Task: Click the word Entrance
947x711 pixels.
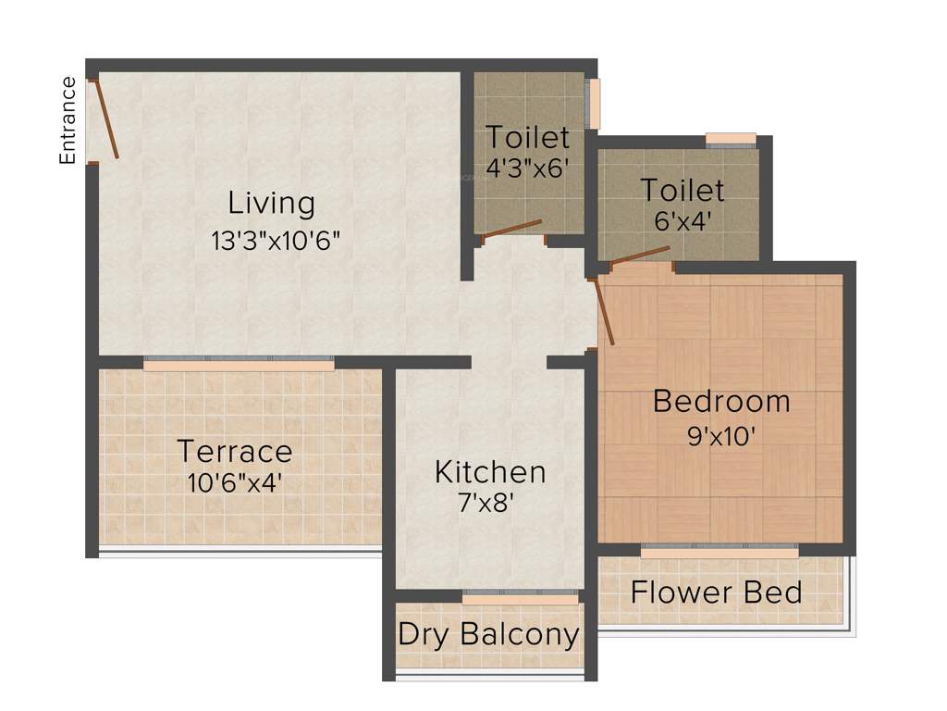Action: pos(68,120)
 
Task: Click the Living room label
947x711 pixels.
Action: pos(272,202)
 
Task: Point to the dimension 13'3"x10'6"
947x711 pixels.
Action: pos(277,241)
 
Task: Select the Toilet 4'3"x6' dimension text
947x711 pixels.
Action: pos(527,168)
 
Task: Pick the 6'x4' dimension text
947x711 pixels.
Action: pos(683,222)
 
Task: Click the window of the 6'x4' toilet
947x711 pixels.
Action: pos(731,140)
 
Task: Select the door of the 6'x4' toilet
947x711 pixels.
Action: pos(638,254)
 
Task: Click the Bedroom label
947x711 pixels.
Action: pos(721,402)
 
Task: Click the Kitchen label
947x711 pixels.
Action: pos(490,472)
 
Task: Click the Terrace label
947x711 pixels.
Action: pos(234,452)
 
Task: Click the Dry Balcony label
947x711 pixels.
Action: pos(488,635)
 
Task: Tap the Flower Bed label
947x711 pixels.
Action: pos(717,592)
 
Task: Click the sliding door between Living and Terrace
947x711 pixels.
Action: pos(239,365)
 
